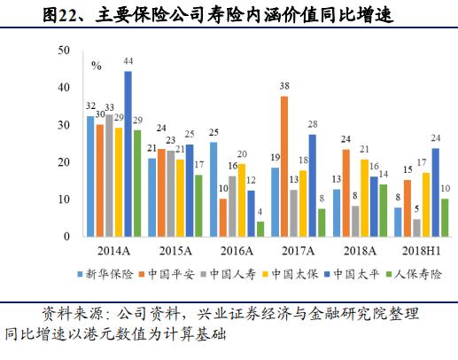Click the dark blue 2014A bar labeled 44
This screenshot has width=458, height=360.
(128, 154)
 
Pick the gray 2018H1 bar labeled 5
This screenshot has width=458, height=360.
(416, 228)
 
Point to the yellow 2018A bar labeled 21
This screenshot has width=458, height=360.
(364, 199)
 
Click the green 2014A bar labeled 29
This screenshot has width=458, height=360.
(137, 184)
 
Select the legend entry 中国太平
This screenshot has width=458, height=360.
(356, 274)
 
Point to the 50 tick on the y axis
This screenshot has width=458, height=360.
(64, 51)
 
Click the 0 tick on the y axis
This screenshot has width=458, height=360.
(67, 238)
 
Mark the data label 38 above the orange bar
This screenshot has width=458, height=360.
(284, 88)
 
